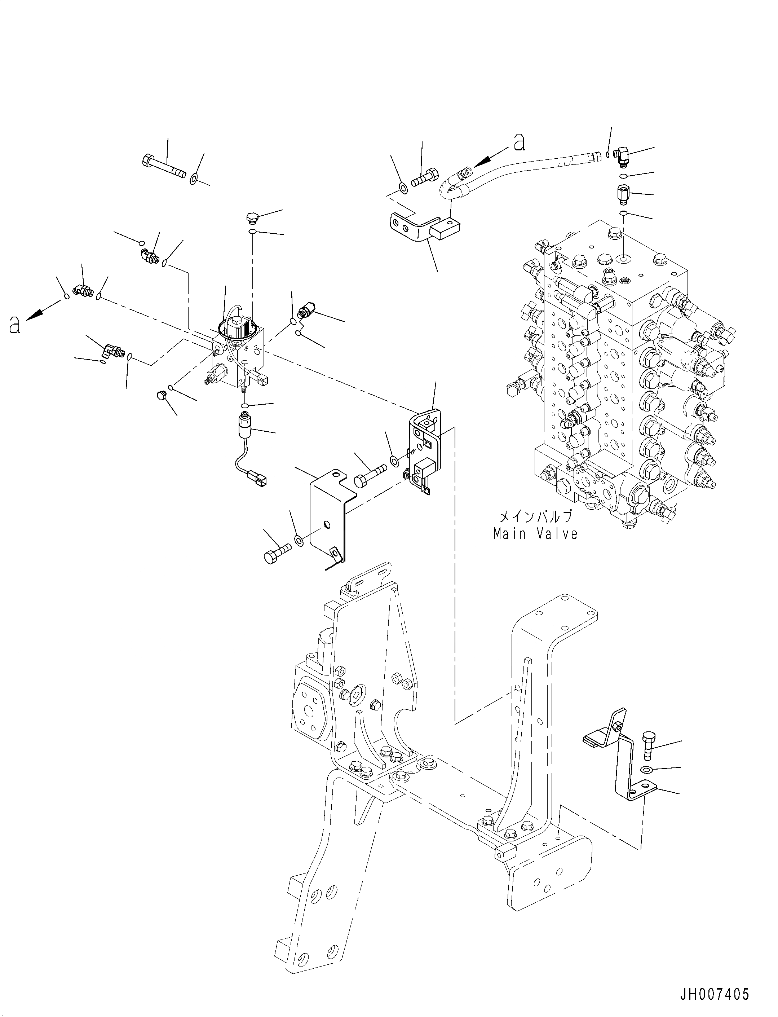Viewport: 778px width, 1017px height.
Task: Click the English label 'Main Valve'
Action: coord(535,534)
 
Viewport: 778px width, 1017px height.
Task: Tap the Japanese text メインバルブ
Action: coord(535,516)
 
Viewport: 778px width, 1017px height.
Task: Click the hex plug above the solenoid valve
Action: coord(251,217)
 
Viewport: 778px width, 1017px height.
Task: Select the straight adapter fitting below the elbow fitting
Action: coord(623,194)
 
